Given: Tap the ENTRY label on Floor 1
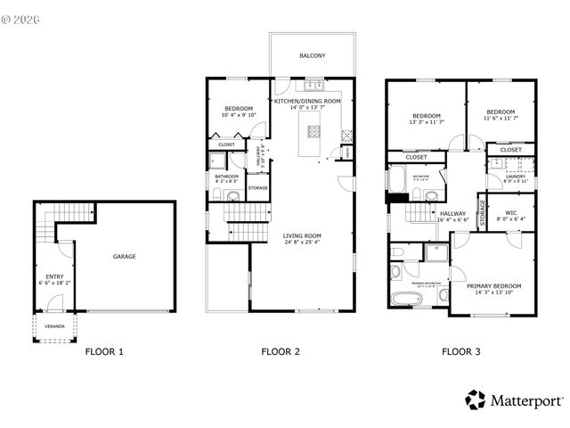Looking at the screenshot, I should pos(55,276).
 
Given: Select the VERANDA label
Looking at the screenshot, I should pos(55,325).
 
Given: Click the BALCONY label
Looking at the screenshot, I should pos(312,55).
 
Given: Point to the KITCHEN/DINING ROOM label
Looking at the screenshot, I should pos(307,102).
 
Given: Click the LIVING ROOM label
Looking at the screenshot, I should pos(302,235).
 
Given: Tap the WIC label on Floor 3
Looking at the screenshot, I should pos(510,212).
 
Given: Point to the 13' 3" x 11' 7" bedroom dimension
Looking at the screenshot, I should pos(427,123).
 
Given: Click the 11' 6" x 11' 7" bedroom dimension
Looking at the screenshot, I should pos(501,118).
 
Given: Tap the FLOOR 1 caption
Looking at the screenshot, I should pos(104,351).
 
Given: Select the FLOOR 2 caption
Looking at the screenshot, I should pos(280,351).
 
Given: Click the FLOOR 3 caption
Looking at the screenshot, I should pos(461,351).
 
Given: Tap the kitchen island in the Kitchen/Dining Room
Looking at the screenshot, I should pos(313,133).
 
